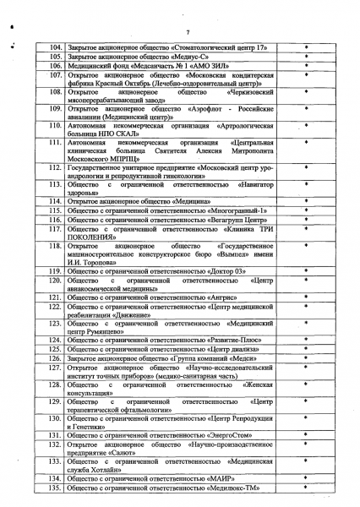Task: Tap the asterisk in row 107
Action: [x=307, y=75]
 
